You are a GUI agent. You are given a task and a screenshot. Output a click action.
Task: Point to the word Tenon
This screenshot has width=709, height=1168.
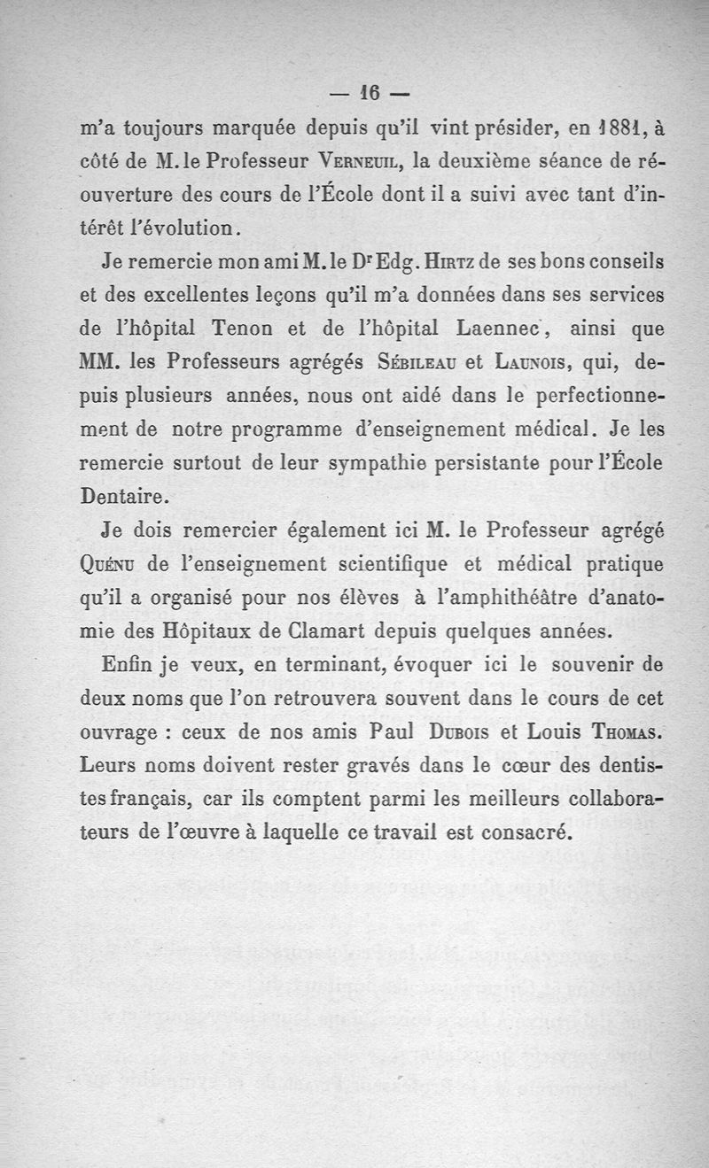point(245,328)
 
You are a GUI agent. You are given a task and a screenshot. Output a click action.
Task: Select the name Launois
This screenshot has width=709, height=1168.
point(538,361)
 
